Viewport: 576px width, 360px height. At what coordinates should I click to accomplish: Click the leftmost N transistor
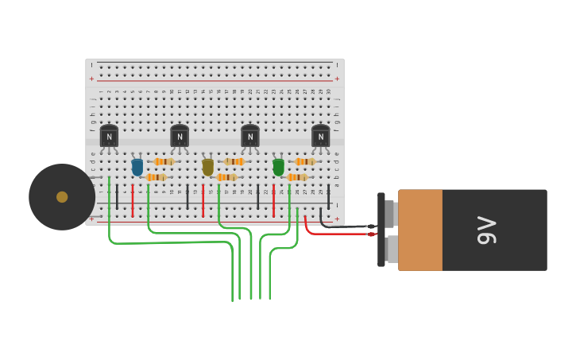(x=109, y=136)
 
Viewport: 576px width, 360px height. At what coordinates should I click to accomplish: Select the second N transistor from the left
(x=180, y=136)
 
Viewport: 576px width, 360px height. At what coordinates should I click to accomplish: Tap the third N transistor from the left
(x=250, y=136)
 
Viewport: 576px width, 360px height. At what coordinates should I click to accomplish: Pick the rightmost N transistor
(x=320, y=136)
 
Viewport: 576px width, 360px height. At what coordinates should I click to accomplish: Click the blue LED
(x=137, y=167)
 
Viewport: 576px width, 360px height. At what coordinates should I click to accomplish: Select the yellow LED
(x=208, y=167)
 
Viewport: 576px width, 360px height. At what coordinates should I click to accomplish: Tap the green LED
(x=278, y=167)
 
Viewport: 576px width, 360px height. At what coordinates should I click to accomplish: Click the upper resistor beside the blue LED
(x=164, y=161)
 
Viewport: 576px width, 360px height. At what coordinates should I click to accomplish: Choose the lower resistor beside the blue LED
(x=156, y=177)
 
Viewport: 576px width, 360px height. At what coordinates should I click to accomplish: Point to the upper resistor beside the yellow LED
(x=234, y=161)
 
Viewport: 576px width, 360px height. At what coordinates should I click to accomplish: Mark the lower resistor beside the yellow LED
(x=226, y=177)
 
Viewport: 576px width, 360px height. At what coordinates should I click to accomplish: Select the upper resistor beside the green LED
(x=304, y=161)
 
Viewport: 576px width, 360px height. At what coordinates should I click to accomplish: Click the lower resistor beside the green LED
(x=296, y=177)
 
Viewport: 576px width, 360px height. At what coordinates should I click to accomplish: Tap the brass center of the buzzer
(x=62, y=197)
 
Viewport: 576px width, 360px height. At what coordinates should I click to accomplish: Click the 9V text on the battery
(x=486, y=230)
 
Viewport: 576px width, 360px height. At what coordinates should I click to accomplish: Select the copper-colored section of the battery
(x=420, y=230)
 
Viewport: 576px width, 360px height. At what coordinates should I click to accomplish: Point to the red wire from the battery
(x=334, y=234)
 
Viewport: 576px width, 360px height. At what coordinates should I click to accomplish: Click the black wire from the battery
(x=342, y=226)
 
